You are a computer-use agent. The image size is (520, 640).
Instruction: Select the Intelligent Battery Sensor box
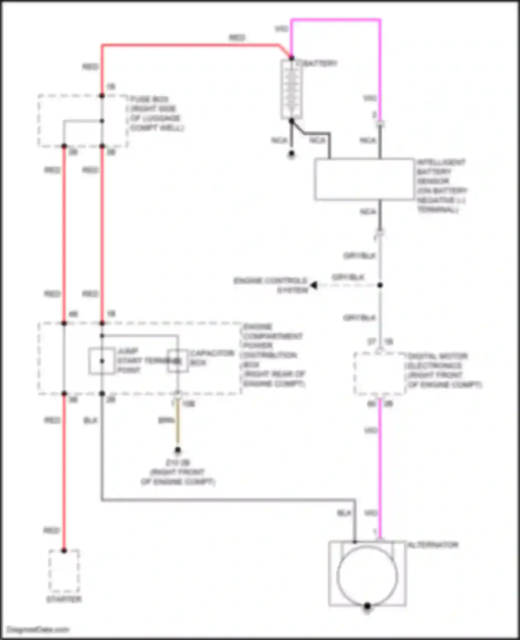click(x=364, y=179)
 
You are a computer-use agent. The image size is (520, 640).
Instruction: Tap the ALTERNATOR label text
click(x=433, y=545)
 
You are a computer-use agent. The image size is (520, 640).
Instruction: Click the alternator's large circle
click(x=367, y=576)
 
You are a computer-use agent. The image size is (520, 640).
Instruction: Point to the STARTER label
click(x=64, y=599)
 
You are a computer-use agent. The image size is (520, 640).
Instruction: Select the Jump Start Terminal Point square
click(x=102, y=361)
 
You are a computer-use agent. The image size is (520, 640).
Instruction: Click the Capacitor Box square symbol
click(x=178, y=361)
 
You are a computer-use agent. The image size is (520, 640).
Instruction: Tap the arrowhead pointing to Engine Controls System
click(x=314, y=285)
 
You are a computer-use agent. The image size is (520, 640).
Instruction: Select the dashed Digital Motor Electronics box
click(x=380, y=374)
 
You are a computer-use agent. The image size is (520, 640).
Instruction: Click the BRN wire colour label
click(x=166, y=421)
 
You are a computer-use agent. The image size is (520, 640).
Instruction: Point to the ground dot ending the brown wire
click(x=178, y=450)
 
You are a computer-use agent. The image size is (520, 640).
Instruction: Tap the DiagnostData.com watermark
click(x=38, y=630)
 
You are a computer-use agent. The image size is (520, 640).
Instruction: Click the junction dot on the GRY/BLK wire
click(x=380, y=285)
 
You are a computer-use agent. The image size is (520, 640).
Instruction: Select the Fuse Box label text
click(x=156, y=113)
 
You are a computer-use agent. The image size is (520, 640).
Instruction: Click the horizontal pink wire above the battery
click(x=336, y=20)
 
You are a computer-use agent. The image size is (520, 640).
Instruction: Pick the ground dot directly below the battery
click(x=292, y=153)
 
